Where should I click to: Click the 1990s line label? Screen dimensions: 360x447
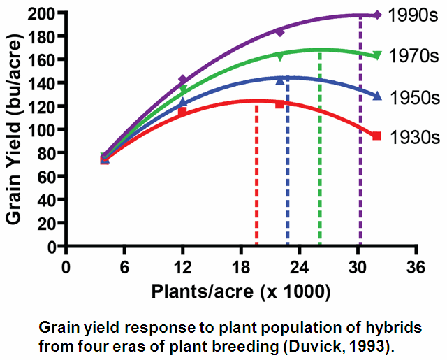[x=411, y=15]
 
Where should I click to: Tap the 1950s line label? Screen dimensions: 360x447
[x=411, y=98]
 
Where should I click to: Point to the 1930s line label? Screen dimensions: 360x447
[x=411, y=137]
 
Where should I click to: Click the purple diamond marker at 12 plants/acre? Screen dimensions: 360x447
[x=183, y=80]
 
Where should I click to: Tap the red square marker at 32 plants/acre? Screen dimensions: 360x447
[x=377, y=136]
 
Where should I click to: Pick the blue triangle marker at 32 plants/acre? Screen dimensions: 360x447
[x=377, y=96]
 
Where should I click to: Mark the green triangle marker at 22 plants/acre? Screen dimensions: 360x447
[x=280, y=56]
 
